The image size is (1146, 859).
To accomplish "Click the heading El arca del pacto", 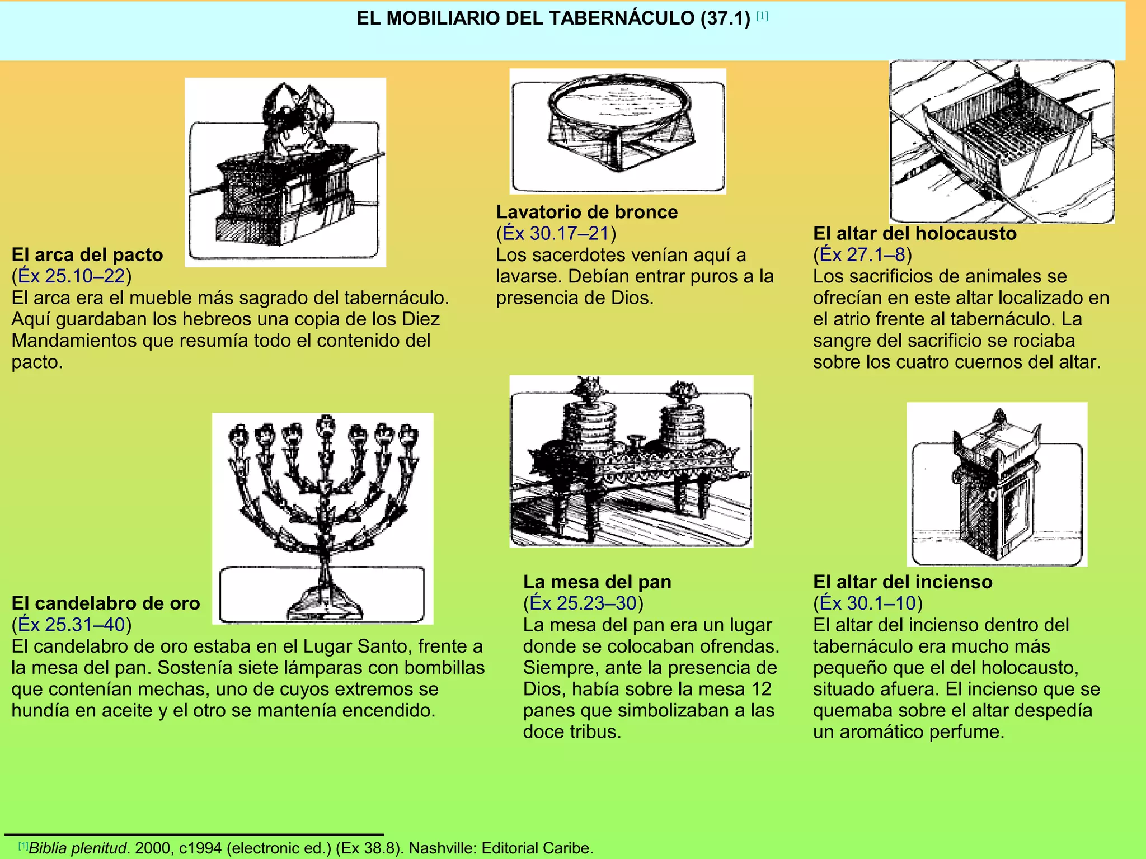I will click(x=87, y=255).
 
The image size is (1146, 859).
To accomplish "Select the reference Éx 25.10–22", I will click(x=72, y=276).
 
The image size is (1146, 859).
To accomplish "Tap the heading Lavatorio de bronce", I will click(x=586, y=212).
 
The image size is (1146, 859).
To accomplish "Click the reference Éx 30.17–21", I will click(x=556, y=233).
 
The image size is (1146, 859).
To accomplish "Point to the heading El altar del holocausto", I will click(x=914, y=233).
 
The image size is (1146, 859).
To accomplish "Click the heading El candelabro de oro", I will click(x=106, y=603).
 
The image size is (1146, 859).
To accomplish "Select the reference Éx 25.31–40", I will click(x=72, y=625).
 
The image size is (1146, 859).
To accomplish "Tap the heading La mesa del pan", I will click(x=597, y=582).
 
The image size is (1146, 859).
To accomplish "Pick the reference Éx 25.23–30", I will click(x=583, y=603).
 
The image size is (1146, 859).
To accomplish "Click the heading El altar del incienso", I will click(x=903, y=582).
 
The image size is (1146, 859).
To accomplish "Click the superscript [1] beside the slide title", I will click(x=762, y=16).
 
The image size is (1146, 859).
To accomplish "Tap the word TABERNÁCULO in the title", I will click(x=621, y=18).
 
